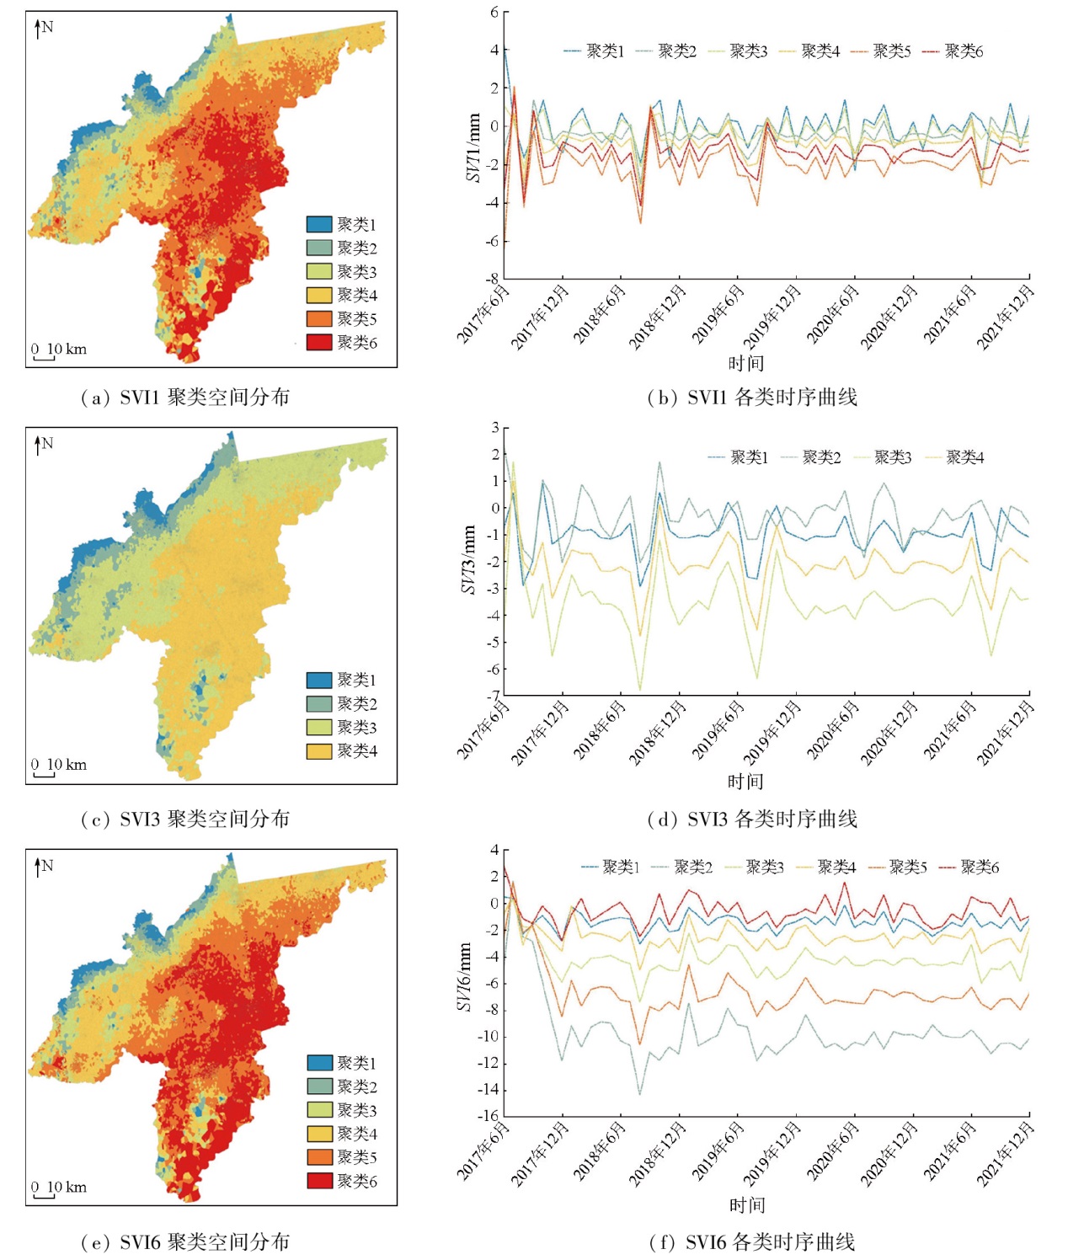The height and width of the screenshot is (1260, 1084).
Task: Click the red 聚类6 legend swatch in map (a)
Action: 318,342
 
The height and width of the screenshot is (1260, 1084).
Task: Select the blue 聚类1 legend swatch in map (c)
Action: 318,680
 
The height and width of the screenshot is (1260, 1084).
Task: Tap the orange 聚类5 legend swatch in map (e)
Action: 319,1157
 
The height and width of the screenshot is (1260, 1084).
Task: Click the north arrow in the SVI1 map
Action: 38,29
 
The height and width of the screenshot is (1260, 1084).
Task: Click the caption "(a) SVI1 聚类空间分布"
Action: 185,398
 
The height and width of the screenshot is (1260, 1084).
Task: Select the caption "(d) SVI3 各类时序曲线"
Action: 752,819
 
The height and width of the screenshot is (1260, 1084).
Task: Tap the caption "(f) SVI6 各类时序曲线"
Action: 752,1241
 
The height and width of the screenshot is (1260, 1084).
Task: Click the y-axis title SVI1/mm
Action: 473,148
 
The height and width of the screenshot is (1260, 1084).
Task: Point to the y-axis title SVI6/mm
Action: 464,977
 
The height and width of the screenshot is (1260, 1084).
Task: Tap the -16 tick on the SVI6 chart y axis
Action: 488,1117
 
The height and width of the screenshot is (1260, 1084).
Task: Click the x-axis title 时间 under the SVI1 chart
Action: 746,363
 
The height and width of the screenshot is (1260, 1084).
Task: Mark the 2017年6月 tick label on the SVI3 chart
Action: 483,729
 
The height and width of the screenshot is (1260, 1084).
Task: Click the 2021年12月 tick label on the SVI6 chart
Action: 1006,1154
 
